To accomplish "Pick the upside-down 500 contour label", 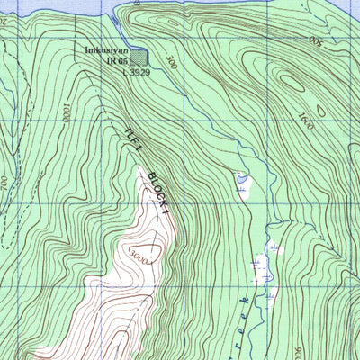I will click(x=314, y=41).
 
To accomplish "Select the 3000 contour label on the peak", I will click(x=135, y=255).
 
